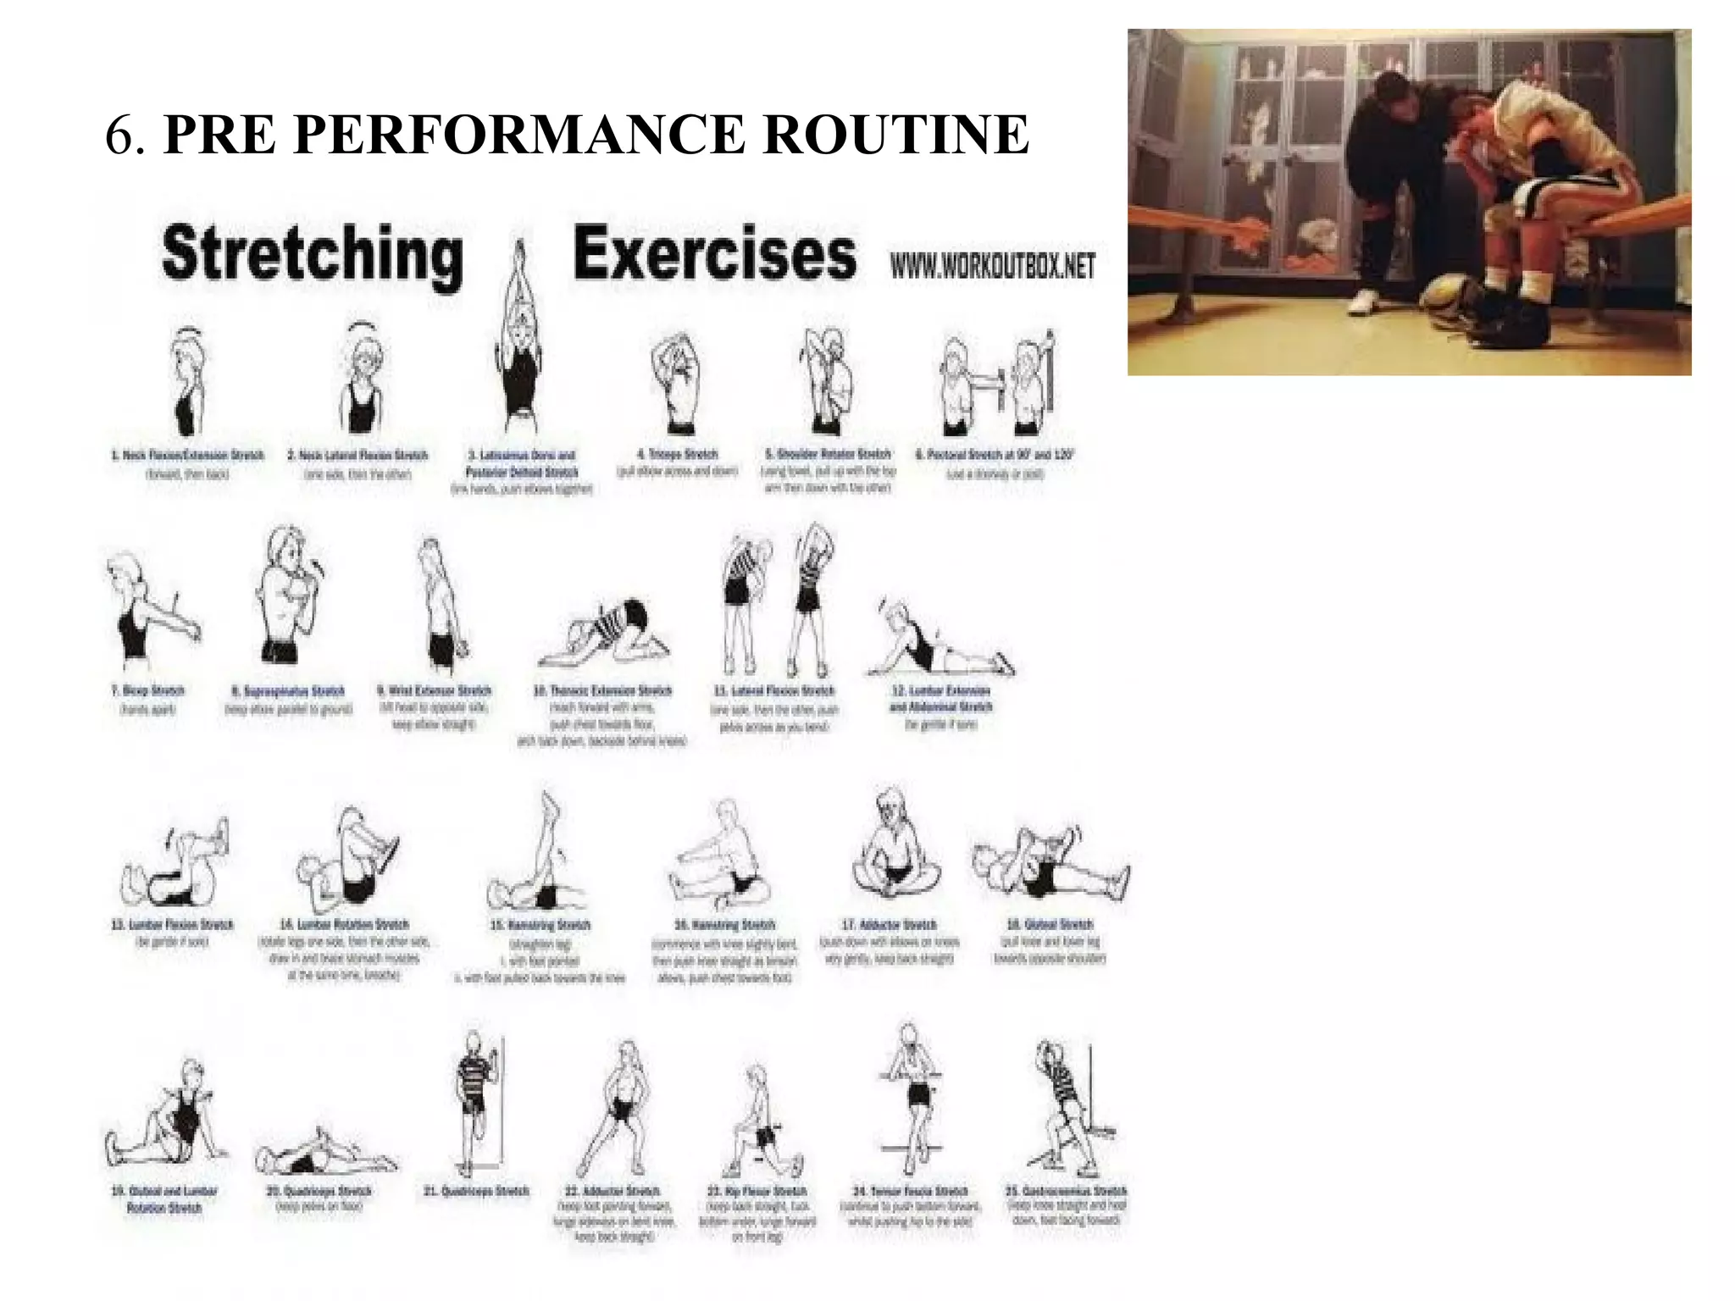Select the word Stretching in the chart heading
click(312, 254)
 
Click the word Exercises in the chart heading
click(714, 254)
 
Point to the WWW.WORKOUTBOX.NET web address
click(992, 268)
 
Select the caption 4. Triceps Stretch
click(677, 455)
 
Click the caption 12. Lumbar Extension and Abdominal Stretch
click(940, 699)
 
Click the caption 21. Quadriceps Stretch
click(475, 1191)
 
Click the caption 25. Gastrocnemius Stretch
click(1066, 1191)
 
